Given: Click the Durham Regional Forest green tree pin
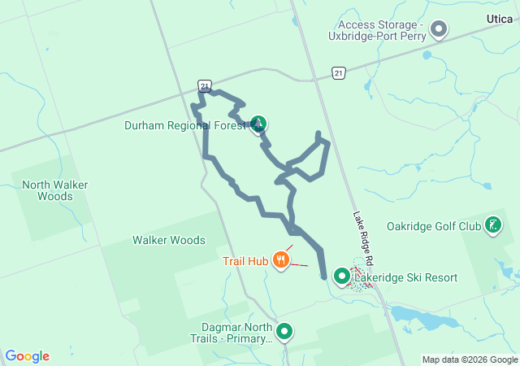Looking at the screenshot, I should (259, 124).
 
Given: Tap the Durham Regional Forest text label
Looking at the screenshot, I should (185, 125).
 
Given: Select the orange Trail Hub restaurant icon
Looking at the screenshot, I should (281, 260).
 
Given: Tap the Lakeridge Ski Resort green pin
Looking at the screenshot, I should (342, 277).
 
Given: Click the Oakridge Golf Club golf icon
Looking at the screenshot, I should (492, 224).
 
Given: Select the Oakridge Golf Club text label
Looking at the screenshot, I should (433, 226).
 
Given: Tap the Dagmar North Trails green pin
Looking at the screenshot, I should (284, 331).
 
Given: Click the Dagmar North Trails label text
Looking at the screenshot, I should (231, 333).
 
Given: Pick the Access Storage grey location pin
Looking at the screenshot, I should (440, 31).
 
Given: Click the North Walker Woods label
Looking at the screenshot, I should (54, 190).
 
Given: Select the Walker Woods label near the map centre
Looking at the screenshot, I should (169, 240).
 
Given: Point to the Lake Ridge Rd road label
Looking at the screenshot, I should (362, 240).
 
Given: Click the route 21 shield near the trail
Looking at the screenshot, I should (205, 85).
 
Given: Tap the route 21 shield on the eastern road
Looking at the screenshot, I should (339, 73).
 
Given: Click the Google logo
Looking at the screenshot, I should (28, 355).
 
